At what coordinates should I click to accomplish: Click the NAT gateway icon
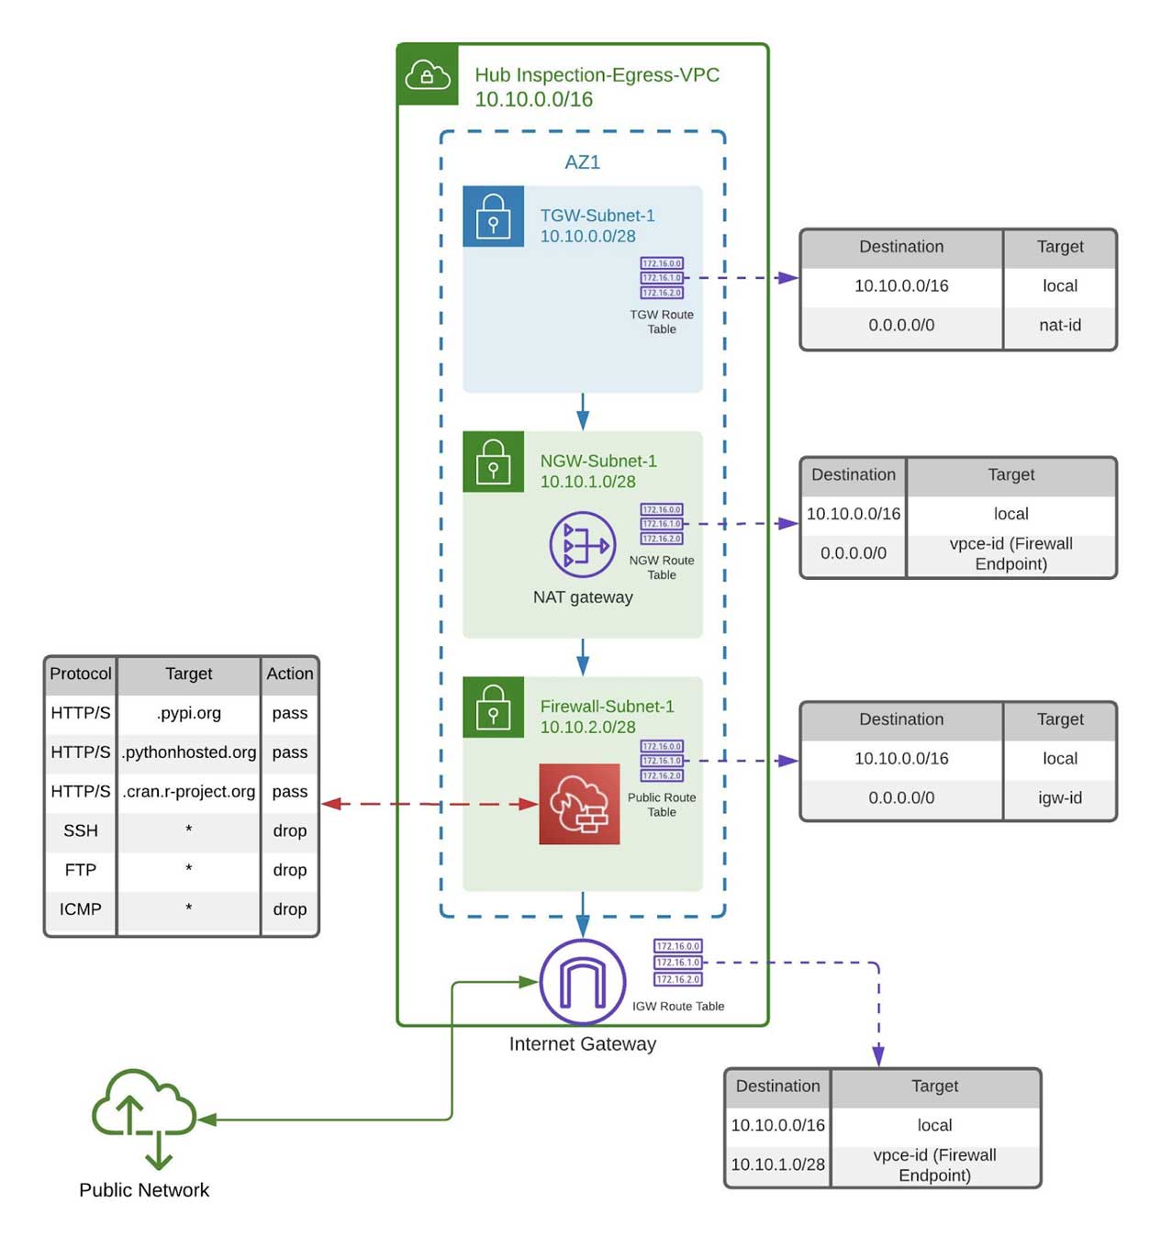click(x=582, y=545)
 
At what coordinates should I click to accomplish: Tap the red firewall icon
click(x=579, y=804)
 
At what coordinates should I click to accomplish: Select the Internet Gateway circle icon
click(x=582, y=982)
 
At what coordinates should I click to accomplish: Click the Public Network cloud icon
click(x=145, y=1116)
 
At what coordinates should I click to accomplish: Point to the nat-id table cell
click(x=1059, y=325)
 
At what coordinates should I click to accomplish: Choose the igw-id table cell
click(x=1059, y=797)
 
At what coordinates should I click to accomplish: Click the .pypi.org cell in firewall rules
click(x=189, y=713)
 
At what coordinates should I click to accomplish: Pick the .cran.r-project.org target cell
click(x=189, y=791)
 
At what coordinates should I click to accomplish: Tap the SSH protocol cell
click(x=81, y=830)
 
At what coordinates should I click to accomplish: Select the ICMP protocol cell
click(x=81, y=908)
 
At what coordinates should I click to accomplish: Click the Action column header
click(x=289, y=674)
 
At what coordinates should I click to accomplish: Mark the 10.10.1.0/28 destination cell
click(x=777, y=1164)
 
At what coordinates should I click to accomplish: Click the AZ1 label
click(x=582, y=162)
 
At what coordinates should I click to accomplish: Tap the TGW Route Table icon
click(x=662, y=278)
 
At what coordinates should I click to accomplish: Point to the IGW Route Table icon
click(x=677, y=963)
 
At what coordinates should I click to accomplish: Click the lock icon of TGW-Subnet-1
click(x=493, y=217)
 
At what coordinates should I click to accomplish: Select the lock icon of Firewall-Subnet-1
click(x=493, y=707)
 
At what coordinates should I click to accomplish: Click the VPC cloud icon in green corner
click(x=428, y=74)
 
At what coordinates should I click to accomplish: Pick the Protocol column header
click(x=81, y=674)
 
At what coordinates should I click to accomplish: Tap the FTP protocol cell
click(x=81, y=869)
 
